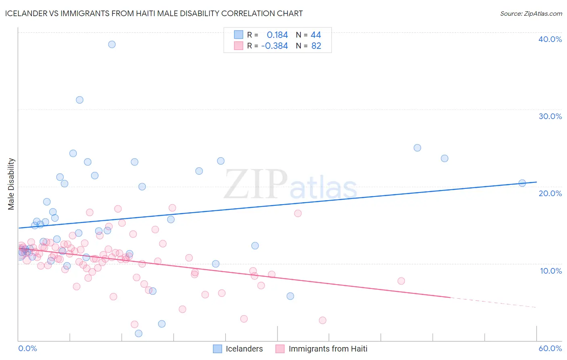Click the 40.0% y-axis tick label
(x=550, y=39)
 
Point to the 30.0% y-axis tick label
(x=550, y=116)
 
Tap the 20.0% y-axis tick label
(x=550, y=193)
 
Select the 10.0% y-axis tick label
(x=551, y=271)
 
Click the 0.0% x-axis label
(x=27, y=348)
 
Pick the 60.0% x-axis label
(x=550, y=348)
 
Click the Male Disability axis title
(x=11, y=184)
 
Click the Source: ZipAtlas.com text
(x=531, y=13)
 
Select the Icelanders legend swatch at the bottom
(x=217, y=349)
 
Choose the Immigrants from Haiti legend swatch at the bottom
(x=280, y=349)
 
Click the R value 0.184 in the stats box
(x=277, y=35)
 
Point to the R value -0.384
(x=274, y=46)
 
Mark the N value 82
(x=316, y=46)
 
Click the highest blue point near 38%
(x=112, y=44)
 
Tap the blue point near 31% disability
(x=79, y=100)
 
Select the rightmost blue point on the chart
(x=522, y=183)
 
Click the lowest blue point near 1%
(x=138, y=333)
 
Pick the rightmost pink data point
(x=401, y=281)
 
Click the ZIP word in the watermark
(x=256, y=184)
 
